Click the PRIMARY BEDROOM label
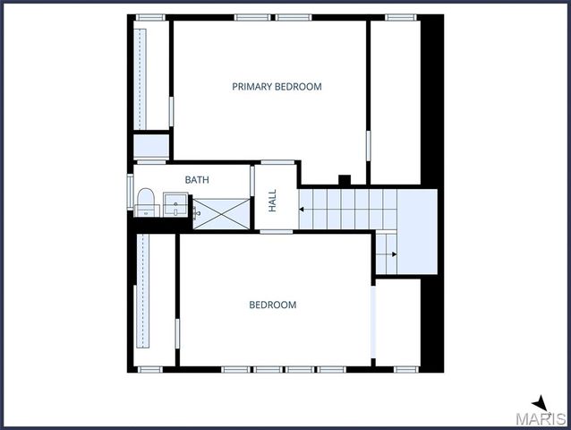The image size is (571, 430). point(277,87)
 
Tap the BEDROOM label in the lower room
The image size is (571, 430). point(272,305)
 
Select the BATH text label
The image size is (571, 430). point(197,180)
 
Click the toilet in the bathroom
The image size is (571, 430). point(145,201)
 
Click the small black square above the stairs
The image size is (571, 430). point(344,179)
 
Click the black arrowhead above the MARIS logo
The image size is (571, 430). point(540,403)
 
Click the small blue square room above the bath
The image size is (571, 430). point(151,145)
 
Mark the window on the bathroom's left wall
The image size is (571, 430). point(131,195)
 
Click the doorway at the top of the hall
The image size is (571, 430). point(277,162)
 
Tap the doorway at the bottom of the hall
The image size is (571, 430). point(277,232)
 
